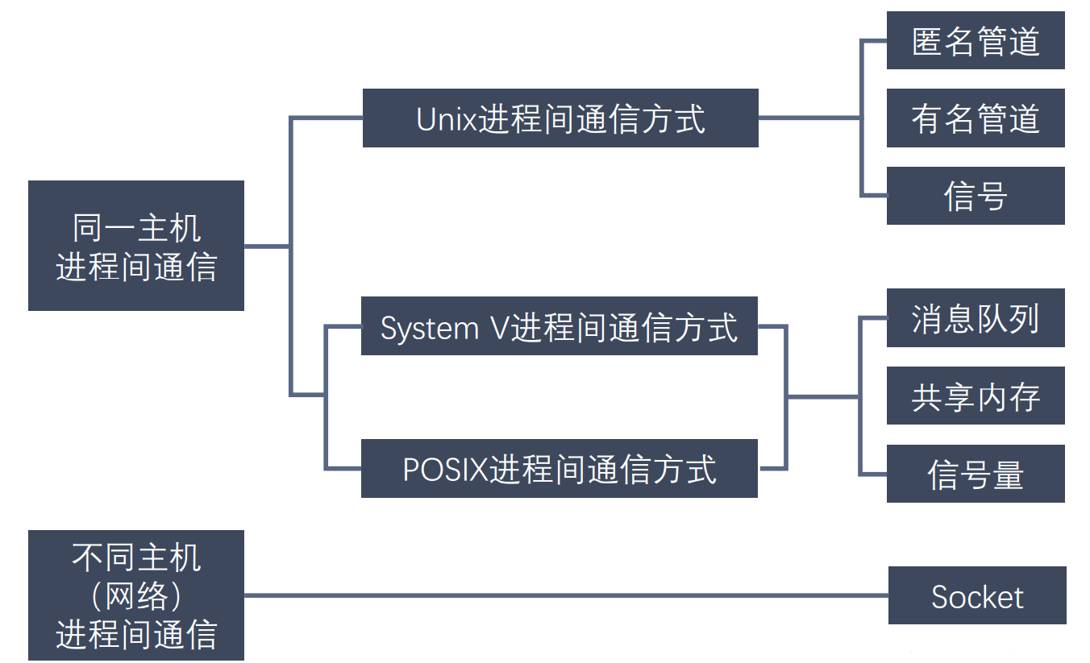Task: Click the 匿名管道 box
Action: click(x=976, y=40)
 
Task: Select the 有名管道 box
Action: click(x=976, y=118)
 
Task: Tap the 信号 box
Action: click(x=976, y=196)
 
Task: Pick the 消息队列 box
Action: click(x=976, y=318)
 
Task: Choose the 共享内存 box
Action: click(x=976, y=396)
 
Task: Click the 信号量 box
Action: click(x=976, y=474)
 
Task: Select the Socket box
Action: click(x=977, y=595)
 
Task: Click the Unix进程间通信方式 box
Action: click(x=560, y=118)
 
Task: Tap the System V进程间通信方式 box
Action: click(x=559, y=326)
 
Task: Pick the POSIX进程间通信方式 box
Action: click(x=559, y=468)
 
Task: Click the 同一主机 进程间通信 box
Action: click(x=136, y=246)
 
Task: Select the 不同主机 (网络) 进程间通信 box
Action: click(x=136, y=595)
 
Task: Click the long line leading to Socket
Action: click(x=564, y=595)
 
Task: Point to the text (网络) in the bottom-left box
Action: click(x=136, y=596)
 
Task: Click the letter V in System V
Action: click(x=499, y=328)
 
